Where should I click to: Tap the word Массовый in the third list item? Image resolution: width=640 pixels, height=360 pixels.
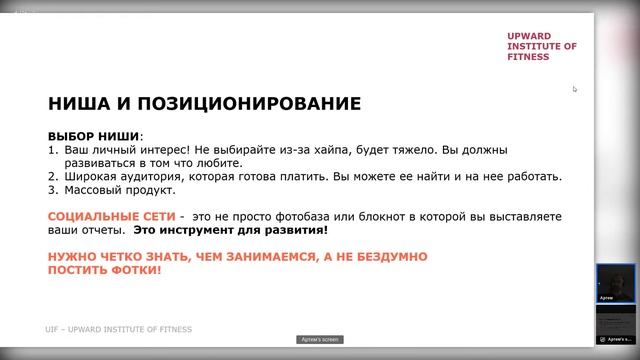coord(93,190)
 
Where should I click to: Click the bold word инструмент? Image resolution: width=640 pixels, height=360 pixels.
coord(254,230)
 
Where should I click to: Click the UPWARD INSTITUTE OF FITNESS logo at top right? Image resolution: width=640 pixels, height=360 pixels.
coord(542,45)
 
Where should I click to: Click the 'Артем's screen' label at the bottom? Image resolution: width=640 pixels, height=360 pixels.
coord(319,339)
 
